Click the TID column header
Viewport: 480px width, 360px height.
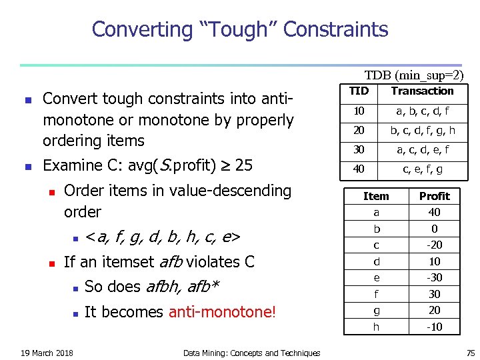tap(359, 91)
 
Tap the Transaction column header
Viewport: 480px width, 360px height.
tap(422, 91)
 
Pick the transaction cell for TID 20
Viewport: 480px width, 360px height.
tap(422, 131)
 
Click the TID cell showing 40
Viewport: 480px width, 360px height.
tap(359, 169)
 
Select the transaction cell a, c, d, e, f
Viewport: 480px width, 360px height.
tap(422, 150)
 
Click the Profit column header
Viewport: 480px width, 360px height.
tap(434, 196)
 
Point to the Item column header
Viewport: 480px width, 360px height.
tap(376, 196)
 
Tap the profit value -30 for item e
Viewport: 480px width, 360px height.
tap(434, 277)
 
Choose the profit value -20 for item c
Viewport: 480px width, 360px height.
tap(434, 245)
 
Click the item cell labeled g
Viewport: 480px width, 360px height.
tap(376, 310)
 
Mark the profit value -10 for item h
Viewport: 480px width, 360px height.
tap(434, 327)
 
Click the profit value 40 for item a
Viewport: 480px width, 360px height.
tap(434, 212)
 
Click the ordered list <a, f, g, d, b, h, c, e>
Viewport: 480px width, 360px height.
tap(163, 237)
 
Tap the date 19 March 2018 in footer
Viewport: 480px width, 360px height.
tap(47, 353)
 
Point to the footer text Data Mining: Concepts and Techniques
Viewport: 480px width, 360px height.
tap(251, 353)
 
